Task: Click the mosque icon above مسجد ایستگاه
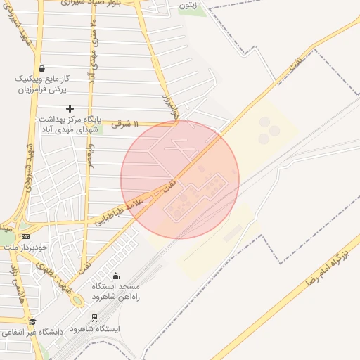pos(115,276)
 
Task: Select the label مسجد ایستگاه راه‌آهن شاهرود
pos(116,292)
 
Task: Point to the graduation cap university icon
pos(32,321)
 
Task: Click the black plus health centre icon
pos(70,108)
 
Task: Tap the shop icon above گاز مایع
pos(44,69)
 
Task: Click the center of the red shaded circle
pos(180,179)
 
